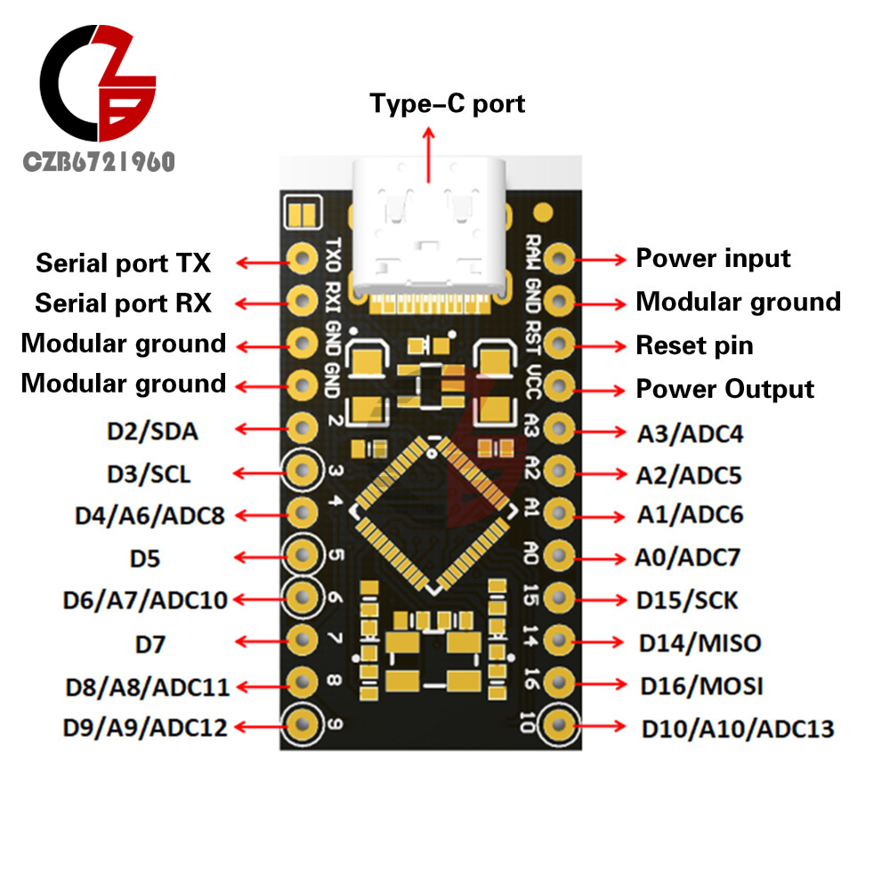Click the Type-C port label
click(x=448, y=104)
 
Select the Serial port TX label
click(x=123, y=263)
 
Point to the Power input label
click(x=713, y=259)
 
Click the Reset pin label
click(x=694, y=345)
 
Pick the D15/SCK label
click(x=687, y=600)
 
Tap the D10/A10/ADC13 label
click(x=738, y=730)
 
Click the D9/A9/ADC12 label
click(x=145, y=727)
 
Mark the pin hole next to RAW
click(x=559, y=259)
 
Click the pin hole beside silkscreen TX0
click(x=303, y=259)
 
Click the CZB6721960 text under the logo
click(x=99, y=162)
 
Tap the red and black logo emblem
click(x=100, y=85)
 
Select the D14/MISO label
click(x=700, y=643)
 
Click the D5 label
click(x=144, y=559)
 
